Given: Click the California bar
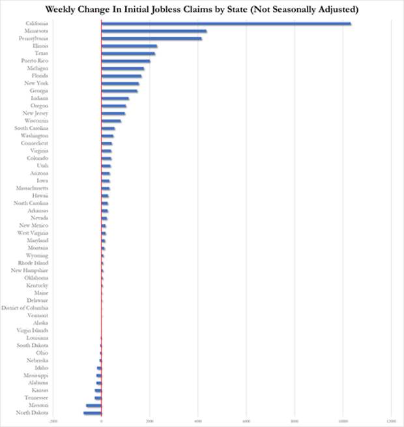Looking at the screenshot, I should (226, 23).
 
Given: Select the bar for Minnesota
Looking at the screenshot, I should (154, 31).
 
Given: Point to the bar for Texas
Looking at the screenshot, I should (128, 53).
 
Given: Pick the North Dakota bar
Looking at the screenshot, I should (93, 413).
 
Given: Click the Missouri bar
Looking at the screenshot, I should (94, 405).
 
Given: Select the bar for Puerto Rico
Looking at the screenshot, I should (126, 61).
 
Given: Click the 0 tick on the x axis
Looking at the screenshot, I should (101, 421).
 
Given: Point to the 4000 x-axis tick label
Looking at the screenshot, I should (197, 421).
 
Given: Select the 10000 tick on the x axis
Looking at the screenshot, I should (342, 421).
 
